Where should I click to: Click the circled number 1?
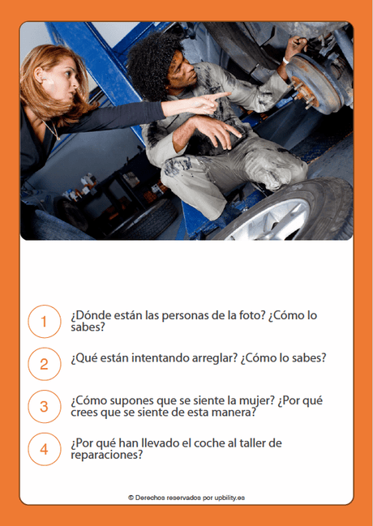[x=44, y=321]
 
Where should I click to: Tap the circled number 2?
[x=44, y=364]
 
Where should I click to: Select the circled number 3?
[x=44, y=406]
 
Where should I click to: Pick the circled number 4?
[x=44, y=449]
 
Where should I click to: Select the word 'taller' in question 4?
[x=271, y=443]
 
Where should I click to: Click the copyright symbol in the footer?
[x=131, y=497]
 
